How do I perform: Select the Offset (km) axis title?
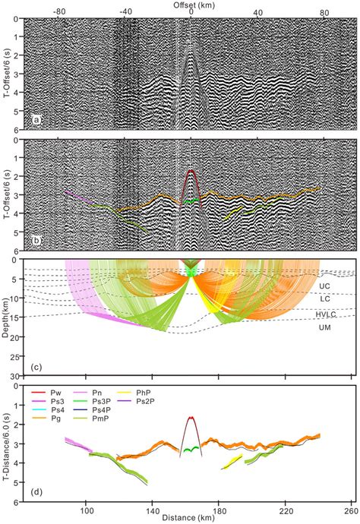191,5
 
